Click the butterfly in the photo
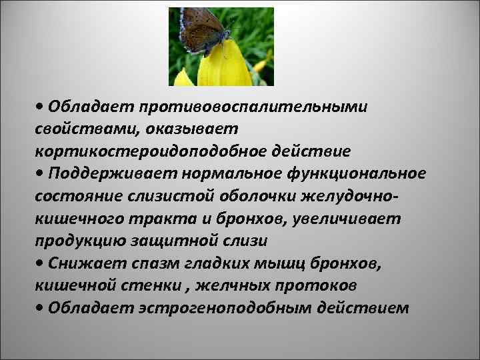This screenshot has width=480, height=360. tap(203, 31)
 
